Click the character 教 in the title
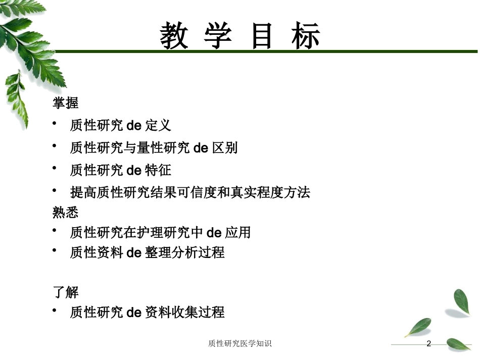174,36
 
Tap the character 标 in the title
306,36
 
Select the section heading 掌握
66,103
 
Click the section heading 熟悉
66,212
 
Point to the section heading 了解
66,292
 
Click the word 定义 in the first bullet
158,125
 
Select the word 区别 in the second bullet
225,148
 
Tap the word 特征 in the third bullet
158,170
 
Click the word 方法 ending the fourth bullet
297,192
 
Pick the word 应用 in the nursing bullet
238,232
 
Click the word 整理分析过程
185,252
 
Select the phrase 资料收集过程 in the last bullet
185,312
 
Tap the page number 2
428,343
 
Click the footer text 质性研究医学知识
239,343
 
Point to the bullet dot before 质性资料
55,250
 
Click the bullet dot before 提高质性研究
55,190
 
